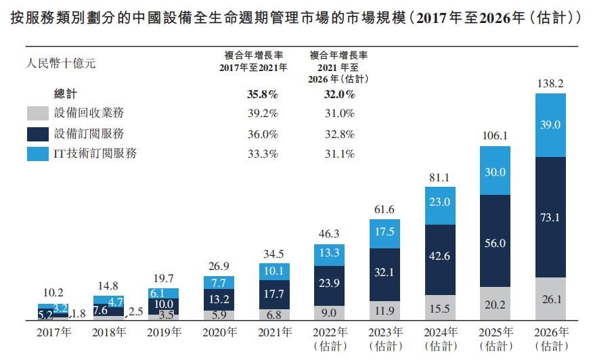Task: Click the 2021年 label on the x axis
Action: (274, 332)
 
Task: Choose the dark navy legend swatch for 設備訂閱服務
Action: (37, 134)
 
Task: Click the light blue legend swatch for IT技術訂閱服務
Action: (37, 154)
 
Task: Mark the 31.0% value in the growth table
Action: (339, 114)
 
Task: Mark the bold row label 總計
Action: (66, 95)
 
